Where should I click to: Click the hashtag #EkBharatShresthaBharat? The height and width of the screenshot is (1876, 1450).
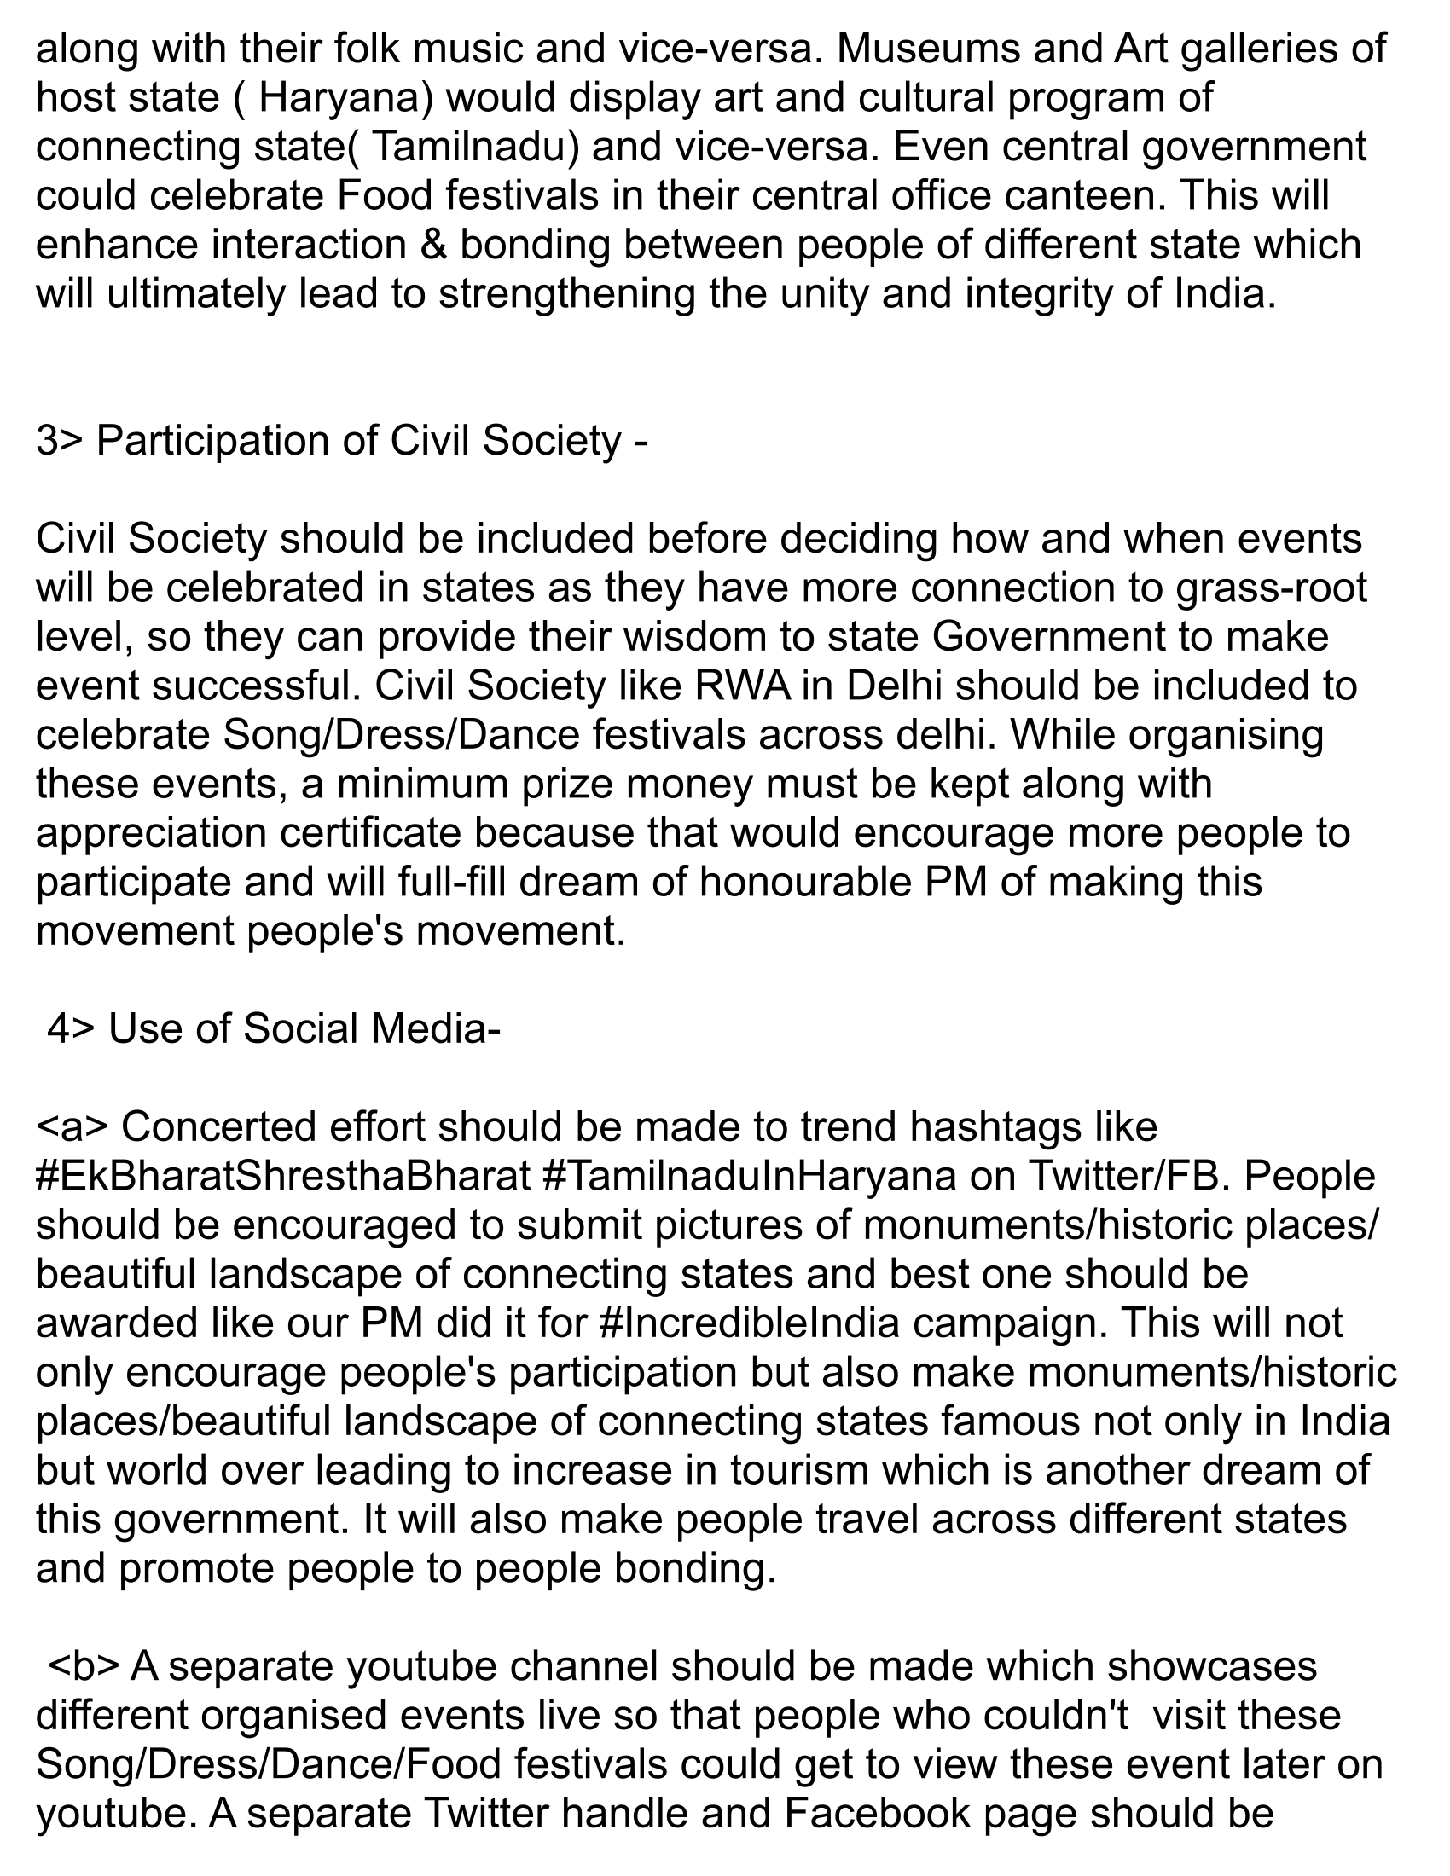point(283,1176)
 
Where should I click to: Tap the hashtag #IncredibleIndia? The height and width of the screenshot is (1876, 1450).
point(751,1323)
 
